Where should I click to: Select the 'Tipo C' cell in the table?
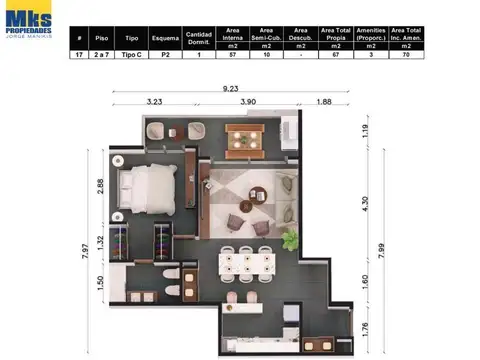(129, 56)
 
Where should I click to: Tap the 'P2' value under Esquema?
(165, 56)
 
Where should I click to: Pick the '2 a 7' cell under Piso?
(101, 56)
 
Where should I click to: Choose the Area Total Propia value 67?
(333, 56)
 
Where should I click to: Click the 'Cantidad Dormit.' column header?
(199, 38)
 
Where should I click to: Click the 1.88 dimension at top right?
(325, 101)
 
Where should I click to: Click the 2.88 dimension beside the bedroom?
(100, 188)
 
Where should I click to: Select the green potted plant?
(290, 239)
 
